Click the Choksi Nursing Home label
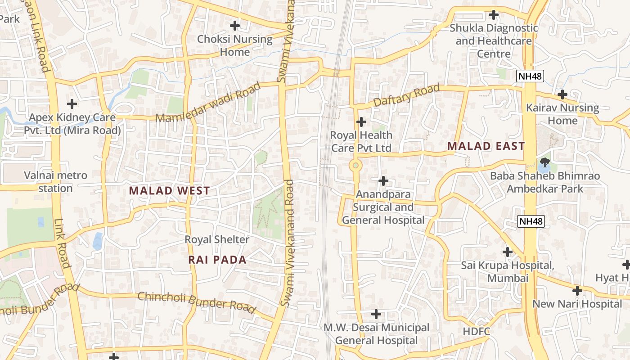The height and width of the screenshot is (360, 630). click(x=235, y=45)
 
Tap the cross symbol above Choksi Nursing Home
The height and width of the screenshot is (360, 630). click(x=235, y=25)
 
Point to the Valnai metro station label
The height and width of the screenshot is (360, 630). click(x=55, y=182)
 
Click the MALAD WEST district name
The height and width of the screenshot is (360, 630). click(x=169, y=191)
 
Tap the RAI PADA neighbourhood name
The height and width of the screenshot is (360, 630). click(x=217, y=260)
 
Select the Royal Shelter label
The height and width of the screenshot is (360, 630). click(x=217, y=239)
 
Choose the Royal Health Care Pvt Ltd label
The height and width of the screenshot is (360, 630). click(x=361, y=141)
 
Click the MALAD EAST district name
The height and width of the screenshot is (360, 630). click(x=486, y=146)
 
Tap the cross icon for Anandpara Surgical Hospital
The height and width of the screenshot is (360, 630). click(x=383, y=181)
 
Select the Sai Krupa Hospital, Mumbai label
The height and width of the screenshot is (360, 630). click(x=508, y=272)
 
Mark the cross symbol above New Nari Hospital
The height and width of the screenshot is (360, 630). click(x=577, y=291)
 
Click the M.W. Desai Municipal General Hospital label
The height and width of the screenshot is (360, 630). click(x=376, y=334)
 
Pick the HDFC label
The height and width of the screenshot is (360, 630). click(x=476, y=332)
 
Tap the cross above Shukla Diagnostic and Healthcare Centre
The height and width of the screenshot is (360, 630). click(x=494, y=15)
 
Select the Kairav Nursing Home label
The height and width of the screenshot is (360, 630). click(x=562, y=114)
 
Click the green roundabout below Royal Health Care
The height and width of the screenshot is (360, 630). click(x=355, y=166)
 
